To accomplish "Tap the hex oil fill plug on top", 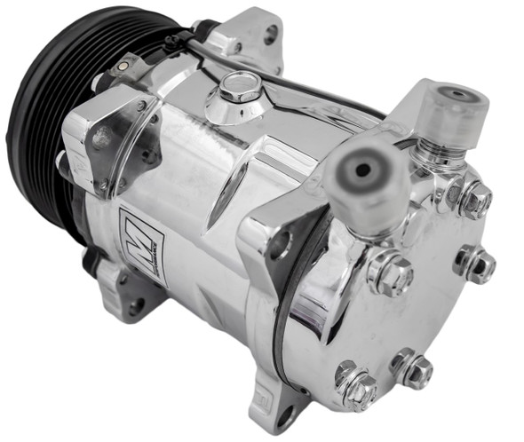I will [x=239, y=86].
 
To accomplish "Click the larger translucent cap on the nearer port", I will [x=365, y=182].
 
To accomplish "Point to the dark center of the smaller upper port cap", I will [x=457, y=94].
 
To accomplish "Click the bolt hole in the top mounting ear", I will [x=270, y=36].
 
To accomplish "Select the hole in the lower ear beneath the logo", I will [x=135, y=306].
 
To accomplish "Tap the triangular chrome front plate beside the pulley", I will [x=111, y=142].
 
